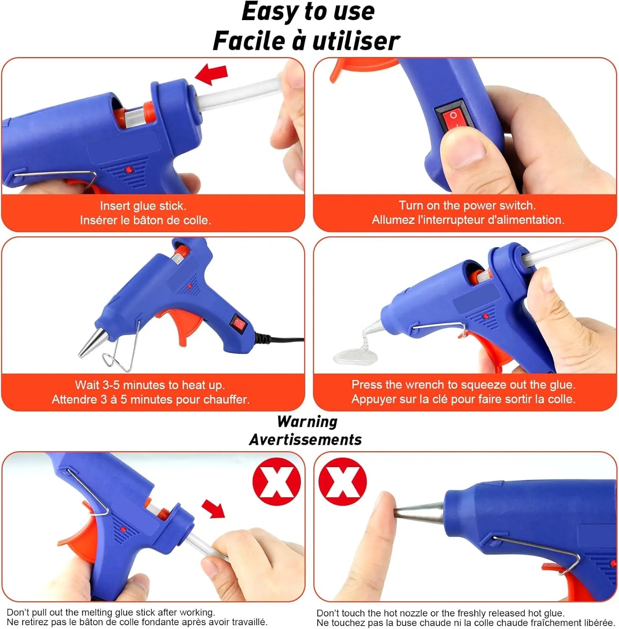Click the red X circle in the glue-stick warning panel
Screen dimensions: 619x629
[277, 481]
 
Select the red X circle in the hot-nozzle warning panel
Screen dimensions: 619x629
[342, 481]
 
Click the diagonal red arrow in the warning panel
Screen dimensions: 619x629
[214, 509]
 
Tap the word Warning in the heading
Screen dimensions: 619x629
[307, 421]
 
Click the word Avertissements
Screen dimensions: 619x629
[306, 439]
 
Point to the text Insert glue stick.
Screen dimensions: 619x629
[143, 206]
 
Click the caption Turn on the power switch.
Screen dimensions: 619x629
[467, 205]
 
